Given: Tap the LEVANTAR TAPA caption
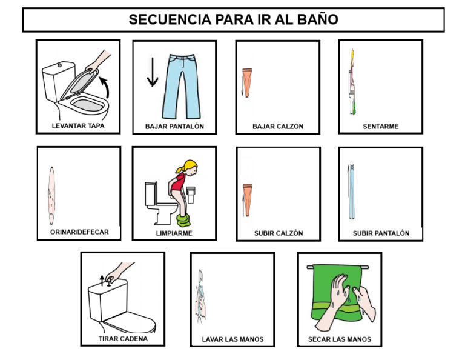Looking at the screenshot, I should tap(77, 127).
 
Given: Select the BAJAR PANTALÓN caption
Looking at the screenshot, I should tap(174, 127).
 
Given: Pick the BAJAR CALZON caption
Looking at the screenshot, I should tap(278, 127).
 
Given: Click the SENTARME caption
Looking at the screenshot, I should tap(380, 127).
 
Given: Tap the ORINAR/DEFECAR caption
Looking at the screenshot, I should tap(79, 232).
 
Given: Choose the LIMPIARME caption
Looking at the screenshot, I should tap(174, 233).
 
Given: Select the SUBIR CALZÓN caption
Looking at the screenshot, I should tap(278, 233).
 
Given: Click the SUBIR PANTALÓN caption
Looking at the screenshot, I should tap(381, 233).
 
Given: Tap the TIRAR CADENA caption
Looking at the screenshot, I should tap(123, 339).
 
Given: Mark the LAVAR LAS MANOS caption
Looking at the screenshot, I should tap(232, 339).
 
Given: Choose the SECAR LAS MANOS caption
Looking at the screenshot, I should tap(339, 339).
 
